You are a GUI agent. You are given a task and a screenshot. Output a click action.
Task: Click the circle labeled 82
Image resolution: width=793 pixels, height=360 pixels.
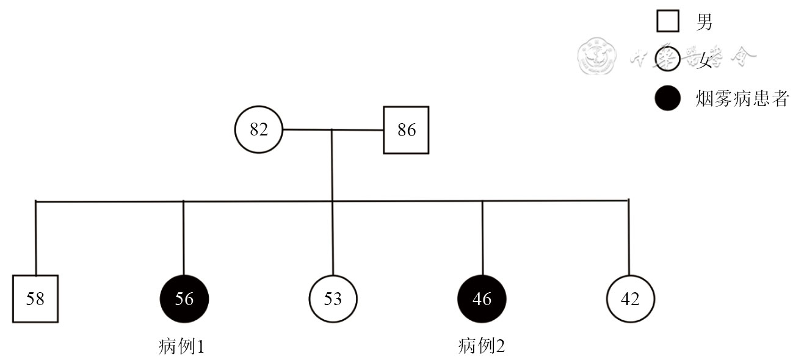tap(259, 130)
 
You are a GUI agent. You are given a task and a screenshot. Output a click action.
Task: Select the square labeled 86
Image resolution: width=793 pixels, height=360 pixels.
tap(406, 130)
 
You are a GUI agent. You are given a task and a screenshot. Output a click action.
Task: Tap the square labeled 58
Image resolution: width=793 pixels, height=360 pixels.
tap(35, 299)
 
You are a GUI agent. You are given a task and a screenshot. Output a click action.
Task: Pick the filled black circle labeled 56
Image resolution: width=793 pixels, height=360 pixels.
tap(184, 299)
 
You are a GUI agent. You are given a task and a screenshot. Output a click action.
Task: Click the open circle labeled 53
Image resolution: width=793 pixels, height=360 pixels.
tap(333, 299)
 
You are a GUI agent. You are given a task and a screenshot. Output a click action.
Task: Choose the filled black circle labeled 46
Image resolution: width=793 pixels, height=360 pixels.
tap(482, 299)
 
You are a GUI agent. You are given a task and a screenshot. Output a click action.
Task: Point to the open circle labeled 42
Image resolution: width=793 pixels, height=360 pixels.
tap(630, 299)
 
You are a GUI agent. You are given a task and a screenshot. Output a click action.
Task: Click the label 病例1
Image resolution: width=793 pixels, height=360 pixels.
tap(181, 347)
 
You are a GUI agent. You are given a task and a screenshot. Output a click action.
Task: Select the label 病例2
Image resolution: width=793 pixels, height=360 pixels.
tap(482, 347)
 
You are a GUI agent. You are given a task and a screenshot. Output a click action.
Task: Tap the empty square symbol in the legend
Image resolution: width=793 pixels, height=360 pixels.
tap(668, 23)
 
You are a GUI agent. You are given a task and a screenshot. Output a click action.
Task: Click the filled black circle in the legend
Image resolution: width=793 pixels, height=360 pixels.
tap(668, 98)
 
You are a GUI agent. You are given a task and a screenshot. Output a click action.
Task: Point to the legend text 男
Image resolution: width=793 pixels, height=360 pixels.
tap(704, 23)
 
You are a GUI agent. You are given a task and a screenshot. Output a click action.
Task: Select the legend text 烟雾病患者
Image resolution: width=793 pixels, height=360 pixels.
tap(741, 99)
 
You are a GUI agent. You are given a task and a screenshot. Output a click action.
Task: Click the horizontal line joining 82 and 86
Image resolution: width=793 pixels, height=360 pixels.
tap(333, 130)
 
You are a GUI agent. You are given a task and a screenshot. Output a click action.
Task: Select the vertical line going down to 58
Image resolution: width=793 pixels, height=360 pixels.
tap(36, 238)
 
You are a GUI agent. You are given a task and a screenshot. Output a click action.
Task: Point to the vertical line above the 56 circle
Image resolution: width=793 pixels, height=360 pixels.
tap(184, 238)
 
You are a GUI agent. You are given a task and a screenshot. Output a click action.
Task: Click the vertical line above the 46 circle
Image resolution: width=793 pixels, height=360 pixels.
tap(482, 238)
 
